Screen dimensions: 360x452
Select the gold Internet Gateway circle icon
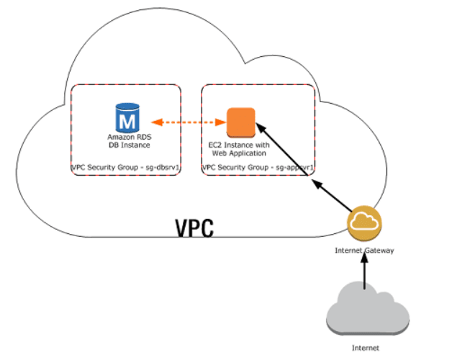pos(363,224)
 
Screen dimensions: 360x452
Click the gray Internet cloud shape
pos(367,310)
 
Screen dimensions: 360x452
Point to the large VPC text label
pos(195,227)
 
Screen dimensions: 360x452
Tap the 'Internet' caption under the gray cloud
pos(365,348)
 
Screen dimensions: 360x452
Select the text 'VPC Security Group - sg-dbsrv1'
pos(125,167)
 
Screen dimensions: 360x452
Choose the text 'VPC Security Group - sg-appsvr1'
pos(258,167)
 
